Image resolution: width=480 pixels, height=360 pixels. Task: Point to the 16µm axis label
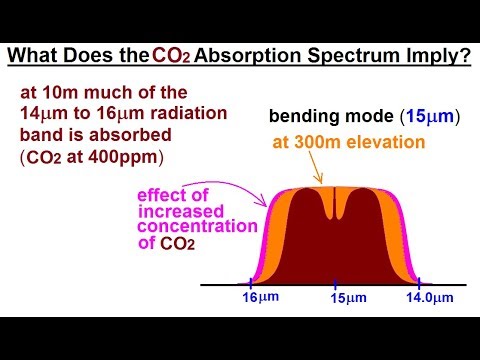[260, 297]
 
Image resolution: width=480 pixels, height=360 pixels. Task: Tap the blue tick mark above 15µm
[335, 282]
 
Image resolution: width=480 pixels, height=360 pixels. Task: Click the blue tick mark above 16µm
[247, 282]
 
